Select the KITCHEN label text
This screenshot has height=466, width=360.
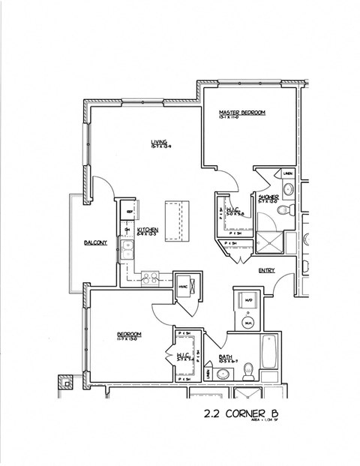[147, 230]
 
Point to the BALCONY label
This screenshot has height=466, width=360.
[95, 242]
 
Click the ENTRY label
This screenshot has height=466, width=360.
[266, 270]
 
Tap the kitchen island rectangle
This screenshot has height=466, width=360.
[178, 220]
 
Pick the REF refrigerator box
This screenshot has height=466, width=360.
[129, 213]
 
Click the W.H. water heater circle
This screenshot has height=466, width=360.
[249, 323]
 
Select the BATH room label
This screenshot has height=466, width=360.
[225, 357]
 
